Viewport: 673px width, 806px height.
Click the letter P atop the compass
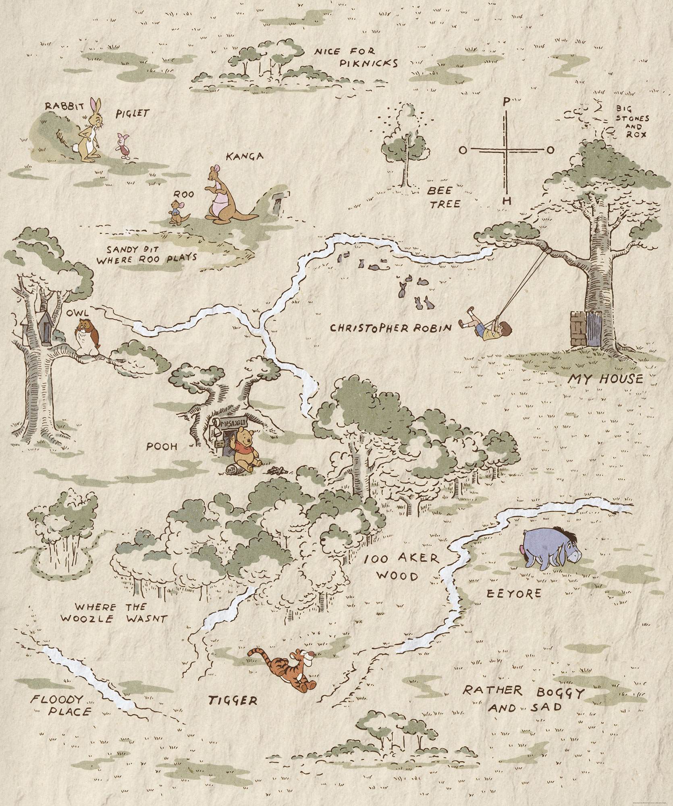pos(505,102)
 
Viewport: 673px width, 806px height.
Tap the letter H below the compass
pos(508,200)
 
